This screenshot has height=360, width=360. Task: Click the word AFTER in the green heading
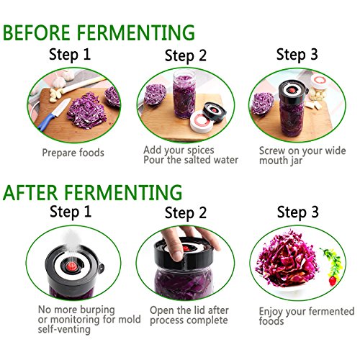click(30, 192)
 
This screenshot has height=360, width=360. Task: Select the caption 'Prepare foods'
click(73, 153)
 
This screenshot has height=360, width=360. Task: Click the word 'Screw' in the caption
click(272, 150)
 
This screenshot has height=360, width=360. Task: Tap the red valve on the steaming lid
click(71, 266)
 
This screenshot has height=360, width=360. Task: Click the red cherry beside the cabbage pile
click(333, 281)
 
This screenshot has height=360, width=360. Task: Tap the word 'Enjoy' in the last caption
click(271, 312)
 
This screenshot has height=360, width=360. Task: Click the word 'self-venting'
click(64, 329)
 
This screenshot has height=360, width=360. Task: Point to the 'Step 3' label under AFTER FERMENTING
click(298, 212)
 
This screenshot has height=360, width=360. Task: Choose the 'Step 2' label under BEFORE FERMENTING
click(186, 55)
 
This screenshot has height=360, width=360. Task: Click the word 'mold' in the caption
click(130, 320)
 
